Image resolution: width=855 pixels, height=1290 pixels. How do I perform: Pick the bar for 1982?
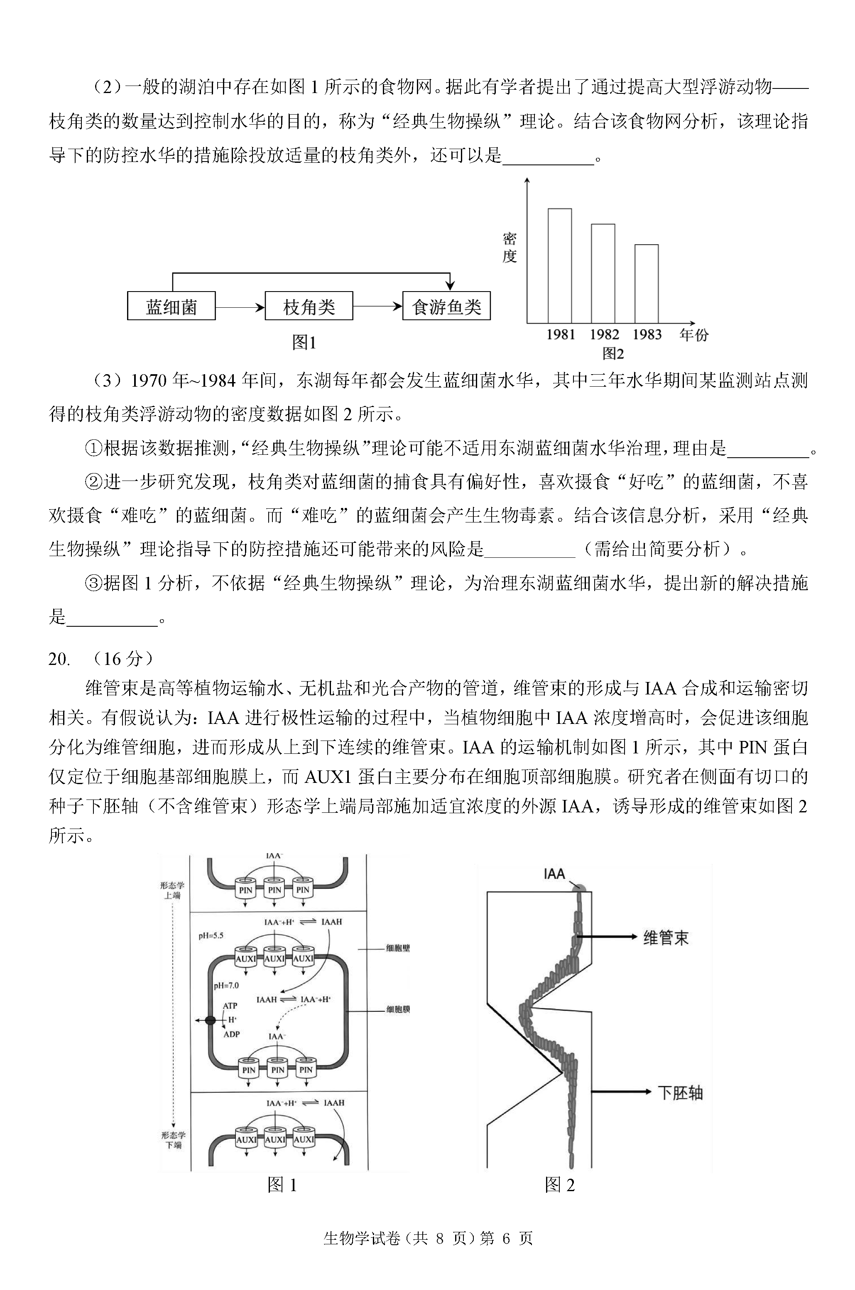point(603,273)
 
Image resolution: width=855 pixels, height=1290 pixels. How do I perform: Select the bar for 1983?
point(646,284)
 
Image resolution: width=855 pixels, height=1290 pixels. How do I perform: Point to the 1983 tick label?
point(647,335)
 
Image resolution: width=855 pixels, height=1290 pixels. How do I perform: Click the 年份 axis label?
point(693,335)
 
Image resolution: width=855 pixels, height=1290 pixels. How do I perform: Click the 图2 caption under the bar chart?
point(613,354)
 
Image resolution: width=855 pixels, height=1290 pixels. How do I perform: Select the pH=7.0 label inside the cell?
point(226,985)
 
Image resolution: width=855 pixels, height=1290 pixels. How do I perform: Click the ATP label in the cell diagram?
point(230,1006)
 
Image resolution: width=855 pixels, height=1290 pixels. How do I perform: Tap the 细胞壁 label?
point(398,948)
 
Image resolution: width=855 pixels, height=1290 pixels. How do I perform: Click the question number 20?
point(59,659)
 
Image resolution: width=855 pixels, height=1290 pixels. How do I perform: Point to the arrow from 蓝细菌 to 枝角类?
point(240,307)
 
